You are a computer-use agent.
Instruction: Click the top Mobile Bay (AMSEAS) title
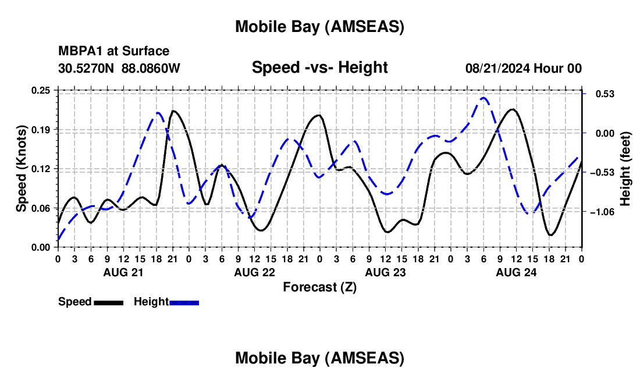319,26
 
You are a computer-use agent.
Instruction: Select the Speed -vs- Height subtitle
319,67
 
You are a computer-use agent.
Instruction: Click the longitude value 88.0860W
151,68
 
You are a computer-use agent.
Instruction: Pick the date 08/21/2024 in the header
497,68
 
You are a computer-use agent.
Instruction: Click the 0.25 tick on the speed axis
41,90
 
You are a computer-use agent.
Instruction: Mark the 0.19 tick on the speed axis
41,129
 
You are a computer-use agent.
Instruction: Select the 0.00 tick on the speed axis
41,247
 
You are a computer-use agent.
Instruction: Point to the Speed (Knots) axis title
21,169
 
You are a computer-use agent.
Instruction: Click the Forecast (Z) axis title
319,287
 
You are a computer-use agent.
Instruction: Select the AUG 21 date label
123,272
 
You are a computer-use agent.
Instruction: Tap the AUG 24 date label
516,272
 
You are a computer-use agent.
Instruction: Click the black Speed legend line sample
108,302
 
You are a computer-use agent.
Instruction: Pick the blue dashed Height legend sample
184,302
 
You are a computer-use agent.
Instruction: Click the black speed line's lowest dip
550,235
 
